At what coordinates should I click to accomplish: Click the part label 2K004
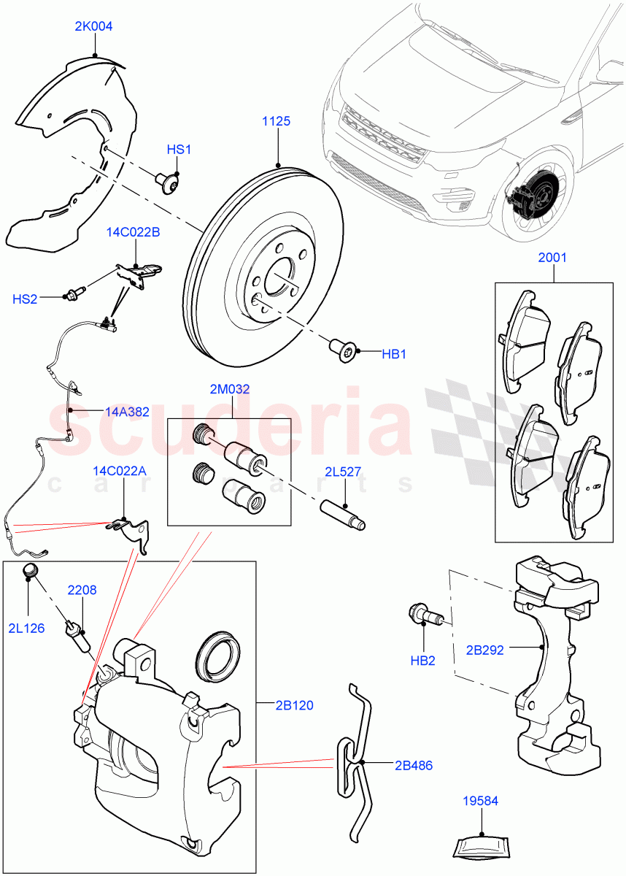[93, 26]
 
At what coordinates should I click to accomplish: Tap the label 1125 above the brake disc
[277, 121]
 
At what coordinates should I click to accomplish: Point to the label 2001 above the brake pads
[552, 258]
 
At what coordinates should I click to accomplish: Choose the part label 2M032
[231, 390]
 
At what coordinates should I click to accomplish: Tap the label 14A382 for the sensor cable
[127, 412]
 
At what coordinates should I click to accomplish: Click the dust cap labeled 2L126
[30, 571]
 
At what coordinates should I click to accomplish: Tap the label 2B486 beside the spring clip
[412, 766]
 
